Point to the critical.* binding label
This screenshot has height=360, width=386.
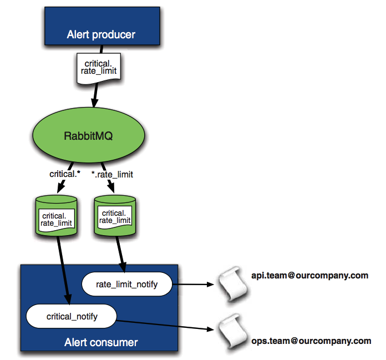coord(65,174)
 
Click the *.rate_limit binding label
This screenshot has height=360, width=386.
coord(112,174)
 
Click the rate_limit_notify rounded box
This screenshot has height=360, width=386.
coord(127,285)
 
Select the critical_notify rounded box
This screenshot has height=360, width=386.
coord(71,317)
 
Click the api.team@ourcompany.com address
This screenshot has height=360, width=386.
coord(309,275)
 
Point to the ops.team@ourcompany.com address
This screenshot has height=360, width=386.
coord(311,341)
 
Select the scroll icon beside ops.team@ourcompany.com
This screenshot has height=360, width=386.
coord(232,331)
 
